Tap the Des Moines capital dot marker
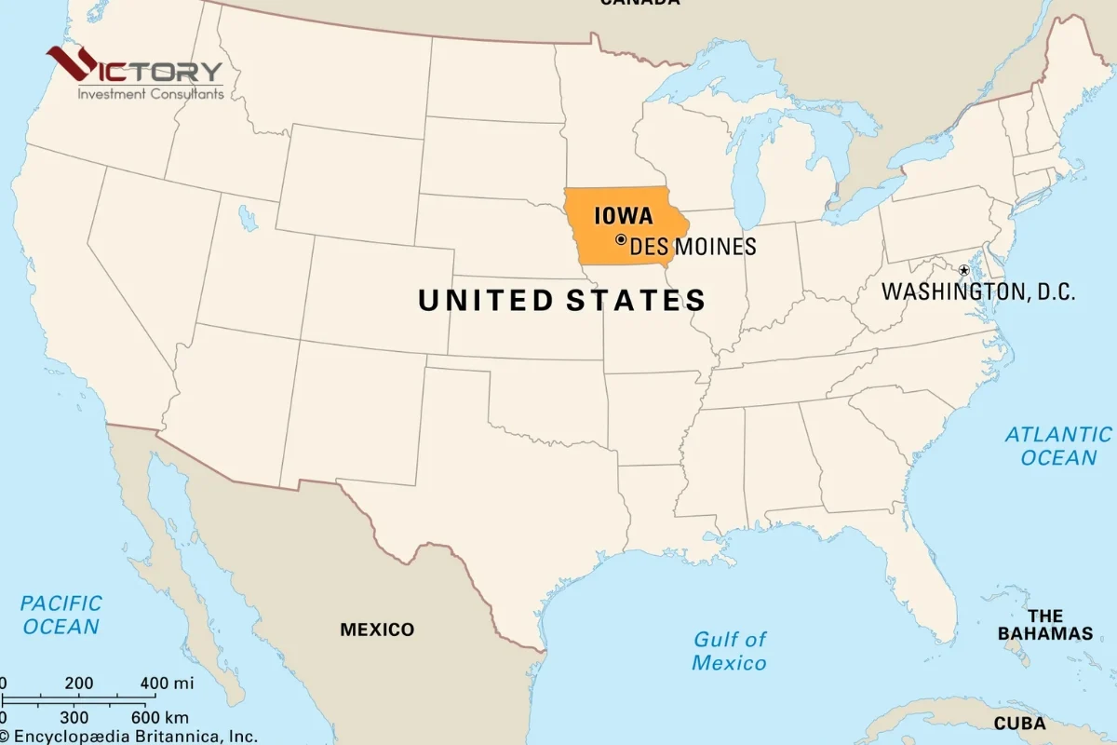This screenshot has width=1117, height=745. click(621, 239)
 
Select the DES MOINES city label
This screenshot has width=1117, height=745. click(693, 247)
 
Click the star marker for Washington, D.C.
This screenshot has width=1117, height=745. click(963, 270)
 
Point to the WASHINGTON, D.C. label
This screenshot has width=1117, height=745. click(978, 291)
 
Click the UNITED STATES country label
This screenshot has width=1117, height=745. click(561, 300)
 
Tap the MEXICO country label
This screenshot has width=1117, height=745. click(377, 630)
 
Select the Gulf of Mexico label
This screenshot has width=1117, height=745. click(730, 651)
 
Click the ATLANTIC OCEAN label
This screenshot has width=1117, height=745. click(1058, 445)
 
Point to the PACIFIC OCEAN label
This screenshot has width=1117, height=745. click(61, 615)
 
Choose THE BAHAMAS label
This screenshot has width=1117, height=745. click(1045, 625)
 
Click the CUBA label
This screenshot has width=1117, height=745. click(1019, 724)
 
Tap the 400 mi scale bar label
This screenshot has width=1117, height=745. click(168, 684)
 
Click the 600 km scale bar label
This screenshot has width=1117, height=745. click(159, 717)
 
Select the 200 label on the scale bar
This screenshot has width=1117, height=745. click(79, 684)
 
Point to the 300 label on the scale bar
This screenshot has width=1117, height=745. click(74, 717)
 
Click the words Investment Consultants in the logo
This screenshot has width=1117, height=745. click(151, 93)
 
